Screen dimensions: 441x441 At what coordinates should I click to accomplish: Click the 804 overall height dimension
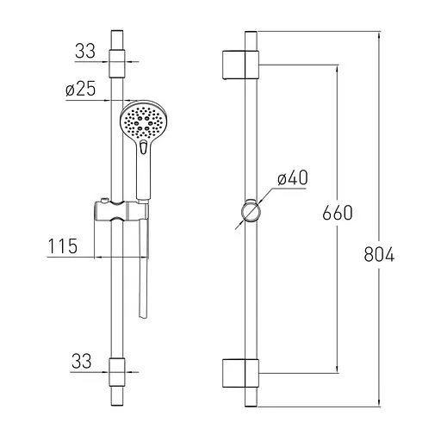379,254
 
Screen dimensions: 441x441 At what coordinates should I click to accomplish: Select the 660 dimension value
337,213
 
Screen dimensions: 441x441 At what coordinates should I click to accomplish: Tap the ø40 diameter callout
293,177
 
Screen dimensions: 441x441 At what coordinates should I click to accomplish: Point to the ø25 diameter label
80,89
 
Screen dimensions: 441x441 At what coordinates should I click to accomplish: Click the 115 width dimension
63,246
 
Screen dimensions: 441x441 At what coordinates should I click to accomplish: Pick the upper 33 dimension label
85,51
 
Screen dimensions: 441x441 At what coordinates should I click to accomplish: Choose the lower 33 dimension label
82,361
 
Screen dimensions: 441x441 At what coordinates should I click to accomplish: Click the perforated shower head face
143,122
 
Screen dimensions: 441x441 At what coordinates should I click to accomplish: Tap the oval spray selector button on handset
143,146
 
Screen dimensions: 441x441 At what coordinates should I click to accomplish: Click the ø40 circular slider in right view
251,212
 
